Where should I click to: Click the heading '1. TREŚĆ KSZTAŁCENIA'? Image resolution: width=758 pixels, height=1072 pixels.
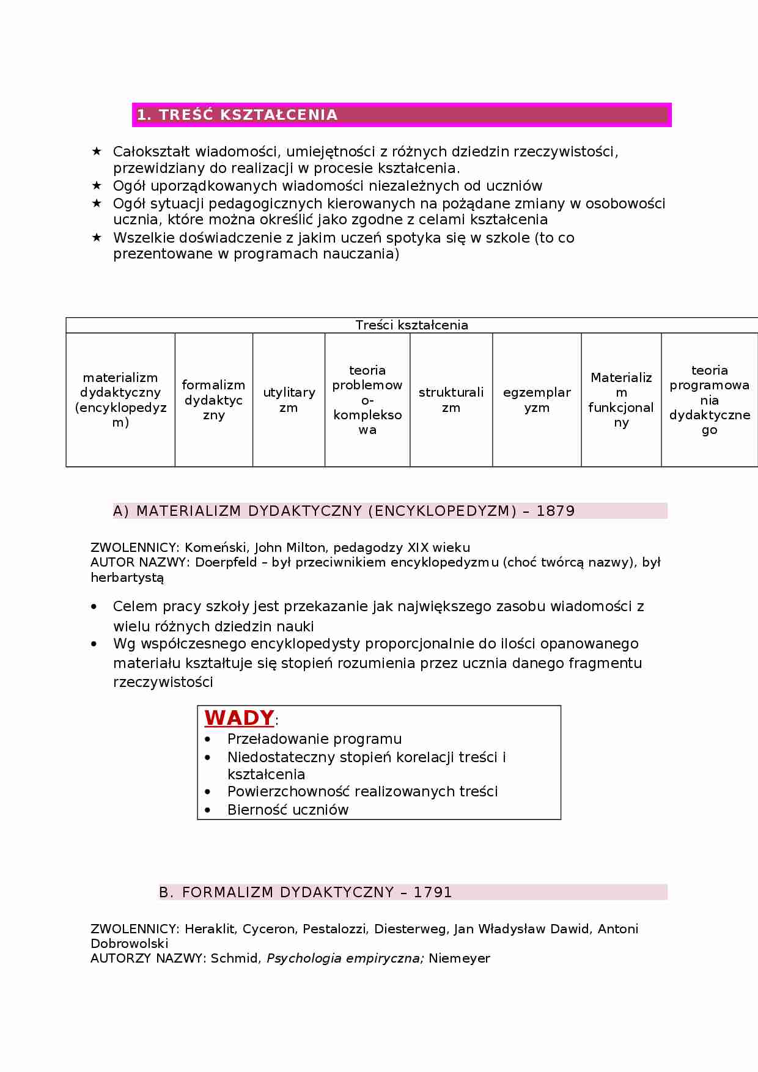point(237,115)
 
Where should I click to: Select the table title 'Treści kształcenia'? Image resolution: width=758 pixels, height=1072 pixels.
point(411,325)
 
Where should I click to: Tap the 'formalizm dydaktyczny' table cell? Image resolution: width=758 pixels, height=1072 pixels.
point(213,400)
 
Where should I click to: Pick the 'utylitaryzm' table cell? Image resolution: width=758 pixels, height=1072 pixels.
point(289,400)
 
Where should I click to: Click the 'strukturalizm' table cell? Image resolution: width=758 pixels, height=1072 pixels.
point(451,400)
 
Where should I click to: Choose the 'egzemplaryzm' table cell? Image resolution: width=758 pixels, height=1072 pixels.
point(537,400)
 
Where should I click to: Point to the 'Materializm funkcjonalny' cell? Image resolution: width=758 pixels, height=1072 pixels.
point(621,400)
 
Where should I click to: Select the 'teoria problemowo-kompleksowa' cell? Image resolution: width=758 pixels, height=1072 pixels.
point(367,400)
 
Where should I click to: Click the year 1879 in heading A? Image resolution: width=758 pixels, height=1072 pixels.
point(555,511)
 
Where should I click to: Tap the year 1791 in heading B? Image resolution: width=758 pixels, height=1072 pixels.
point(433,892)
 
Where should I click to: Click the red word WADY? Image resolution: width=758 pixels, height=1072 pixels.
point(239,718)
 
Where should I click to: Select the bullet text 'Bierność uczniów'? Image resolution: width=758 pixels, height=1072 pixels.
point(287,810)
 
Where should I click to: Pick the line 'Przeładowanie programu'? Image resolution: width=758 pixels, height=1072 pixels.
point(314,739)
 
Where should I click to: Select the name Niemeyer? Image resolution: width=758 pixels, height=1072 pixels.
point(459,958)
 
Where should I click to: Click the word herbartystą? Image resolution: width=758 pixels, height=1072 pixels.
point(127,577)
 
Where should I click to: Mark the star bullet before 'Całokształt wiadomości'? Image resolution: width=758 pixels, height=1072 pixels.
point(96,151)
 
